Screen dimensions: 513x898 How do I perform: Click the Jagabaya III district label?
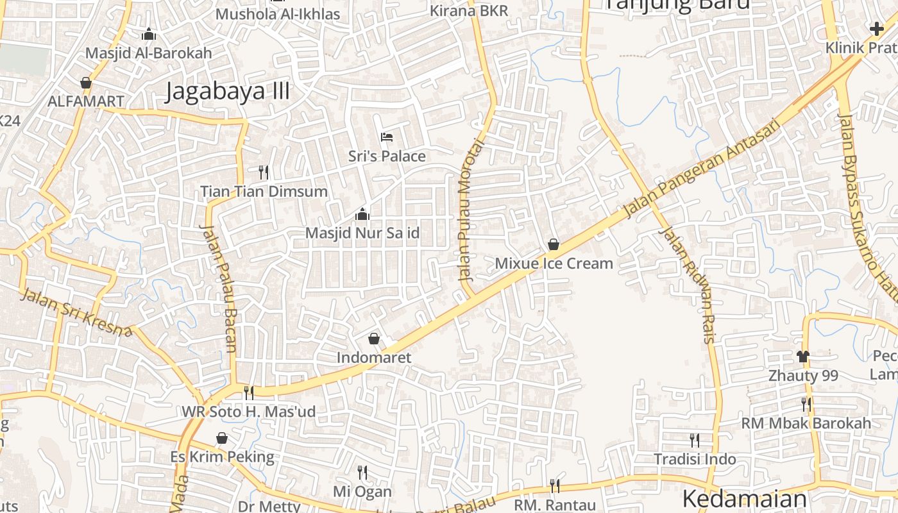(x=228, y=91)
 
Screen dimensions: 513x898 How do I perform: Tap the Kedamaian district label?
(x=744, y=499)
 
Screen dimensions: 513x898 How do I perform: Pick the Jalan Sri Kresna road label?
(x=76, y=313)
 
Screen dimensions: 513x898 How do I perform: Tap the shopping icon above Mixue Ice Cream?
(x=554, y=244)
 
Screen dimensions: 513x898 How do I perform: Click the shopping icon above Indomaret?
(x=374, y=338)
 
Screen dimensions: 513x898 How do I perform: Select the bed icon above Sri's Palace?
(x=386, y=137)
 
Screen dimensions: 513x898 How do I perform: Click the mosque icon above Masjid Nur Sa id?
(x=362, y=214)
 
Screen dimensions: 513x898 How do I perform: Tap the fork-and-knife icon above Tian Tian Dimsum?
(x=263, y=172)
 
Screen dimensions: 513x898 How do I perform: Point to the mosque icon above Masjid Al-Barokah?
(x=149, y=34)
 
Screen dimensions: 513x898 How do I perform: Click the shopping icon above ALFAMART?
(x=85, y=83)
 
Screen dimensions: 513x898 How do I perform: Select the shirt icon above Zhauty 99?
(x=803, y=356)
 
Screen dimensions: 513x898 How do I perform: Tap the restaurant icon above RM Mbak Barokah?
(x=806, y=404)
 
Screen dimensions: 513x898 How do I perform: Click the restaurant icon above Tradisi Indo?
(x=695, y=440)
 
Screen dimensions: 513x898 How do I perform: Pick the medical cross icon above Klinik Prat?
(x=876, y=28)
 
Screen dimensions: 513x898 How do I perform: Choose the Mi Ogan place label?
(x=362, y=492)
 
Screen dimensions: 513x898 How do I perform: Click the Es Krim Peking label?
(x=222, y=457)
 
